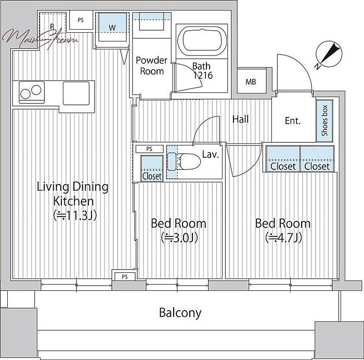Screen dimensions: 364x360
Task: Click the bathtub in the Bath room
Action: click(202, 41)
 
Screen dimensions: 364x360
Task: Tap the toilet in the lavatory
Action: click(184, 161)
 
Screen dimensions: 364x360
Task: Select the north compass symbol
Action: click(329, 54)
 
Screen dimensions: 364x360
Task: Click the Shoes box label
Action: click(324, 121)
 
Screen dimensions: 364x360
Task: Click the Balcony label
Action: click(180, 313)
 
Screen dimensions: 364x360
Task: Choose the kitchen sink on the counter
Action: click(76, 94)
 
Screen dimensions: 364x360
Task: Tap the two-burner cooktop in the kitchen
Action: click(32, 92)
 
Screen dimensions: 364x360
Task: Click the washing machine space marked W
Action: click(112, 28)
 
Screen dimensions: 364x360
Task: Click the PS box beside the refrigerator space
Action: click(81, 20)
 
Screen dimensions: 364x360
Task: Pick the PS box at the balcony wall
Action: click(125, 276)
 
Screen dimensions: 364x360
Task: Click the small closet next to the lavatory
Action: click(152, 168)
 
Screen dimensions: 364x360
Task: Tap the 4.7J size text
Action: click(283, 238)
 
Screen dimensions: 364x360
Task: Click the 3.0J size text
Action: click(179, 238)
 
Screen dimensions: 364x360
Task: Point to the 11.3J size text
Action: click(75, 216)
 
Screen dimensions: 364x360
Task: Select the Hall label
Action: click(240, 119)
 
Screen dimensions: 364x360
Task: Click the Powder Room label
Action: click(152, 65)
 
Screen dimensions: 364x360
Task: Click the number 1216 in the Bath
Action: click(203, 75)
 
